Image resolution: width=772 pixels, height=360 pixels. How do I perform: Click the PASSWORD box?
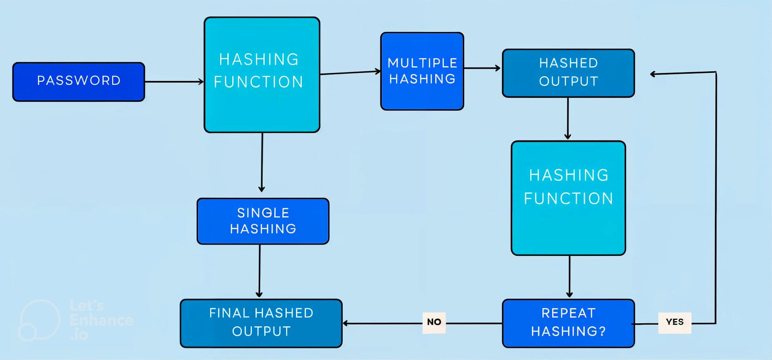click(78, 82)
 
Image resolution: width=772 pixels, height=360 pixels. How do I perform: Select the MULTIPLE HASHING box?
click(422, 71)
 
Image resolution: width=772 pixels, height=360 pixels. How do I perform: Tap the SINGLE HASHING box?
click(263, 221)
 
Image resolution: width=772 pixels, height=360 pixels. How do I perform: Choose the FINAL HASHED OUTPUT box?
click(261, 323)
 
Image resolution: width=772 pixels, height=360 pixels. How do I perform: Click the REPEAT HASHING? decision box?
click(568, 323)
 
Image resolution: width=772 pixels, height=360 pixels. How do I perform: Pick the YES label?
click(674, 322)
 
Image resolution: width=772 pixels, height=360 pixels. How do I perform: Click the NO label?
click(434, 322)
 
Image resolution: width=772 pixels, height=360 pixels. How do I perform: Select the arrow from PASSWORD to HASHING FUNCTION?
click(174, 82)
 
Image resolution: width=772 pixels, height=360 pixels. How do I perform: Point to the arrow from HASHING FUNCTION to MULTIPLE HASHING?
click(350, 72)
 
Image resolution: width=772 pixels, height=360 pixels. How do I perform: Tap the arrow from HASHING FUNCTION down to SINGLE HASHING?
click(262, 162)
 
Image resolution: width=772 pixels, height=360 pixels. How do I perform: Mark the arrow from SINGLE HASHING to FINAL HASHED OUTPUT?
click(259, 271)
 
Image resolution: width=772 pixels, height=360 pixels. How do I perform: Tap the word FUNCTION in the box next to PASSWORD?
click(258, 82)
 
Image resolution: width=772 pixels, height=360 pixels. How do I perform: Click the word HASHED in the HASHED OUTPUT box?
click(568, 63)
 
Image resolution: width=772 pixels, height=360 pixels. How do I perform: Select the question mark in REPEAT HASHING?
click(602, 331)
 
